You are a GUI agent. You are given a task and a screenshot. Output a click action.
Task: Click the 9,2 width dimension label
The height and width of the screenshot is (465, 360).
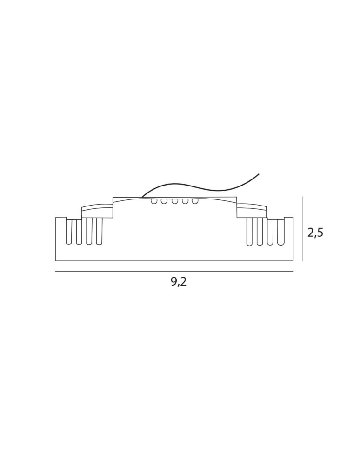(179, 282)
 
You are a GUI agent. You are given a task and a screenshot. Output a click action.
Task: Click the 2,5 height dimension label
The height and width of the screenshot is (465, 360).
(315, 233)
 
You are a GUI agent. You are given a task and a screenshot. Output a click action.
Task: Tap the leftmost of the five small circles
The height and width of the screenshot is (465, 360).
(154, 201)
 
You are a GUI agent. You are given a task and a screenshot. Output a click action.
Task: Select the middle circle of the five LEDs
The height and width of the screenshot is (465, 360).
(175, 201)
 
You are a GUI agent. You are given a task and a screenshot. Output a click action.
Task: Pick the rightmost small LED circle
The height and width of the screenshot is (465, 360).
(195, 201)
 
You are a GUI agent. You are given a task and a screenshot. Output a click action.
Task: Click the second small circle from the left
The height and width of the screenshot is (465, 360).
(164, 201)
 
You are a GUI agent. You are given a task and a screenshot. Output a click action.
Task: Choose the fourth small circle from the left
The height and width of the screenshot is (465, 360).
(185, 201)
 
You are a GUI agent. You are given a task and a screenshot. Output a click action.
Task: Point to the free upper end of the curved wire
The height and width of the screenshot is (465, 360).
(259, 174)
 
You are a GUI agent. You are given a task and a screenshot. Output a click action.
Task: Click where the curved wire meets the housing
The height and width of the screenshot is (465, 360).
(142, 197)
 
